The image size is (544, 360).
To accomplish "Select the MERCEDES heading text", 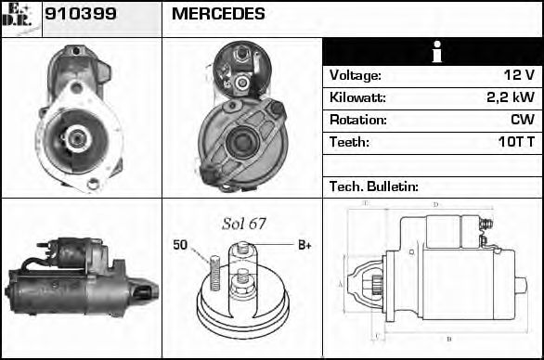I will pos(218,14).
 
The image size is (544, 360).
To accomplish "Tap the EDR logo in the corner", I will pos(20,17).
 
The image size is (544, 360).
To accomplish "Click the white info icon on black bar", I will pos(434,53).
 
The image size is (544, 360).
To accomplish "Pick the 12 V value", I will pos(518,75).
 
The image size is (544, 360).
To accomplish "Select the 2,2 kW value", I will pos(511,97).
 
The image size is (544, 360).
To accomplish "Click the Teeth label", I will pos(349,142).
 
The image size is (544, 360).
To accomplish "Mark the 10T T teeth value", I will pos(513,142).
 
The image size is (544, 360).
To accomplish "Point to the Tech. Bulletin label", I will pos(374,186).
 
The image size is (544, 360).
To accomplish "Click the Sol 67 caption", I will pos(243,224).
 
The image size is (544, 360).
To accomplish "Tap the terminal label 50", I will pos(180,245).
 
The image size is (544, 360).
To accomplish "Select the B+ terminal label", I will pos(303,245).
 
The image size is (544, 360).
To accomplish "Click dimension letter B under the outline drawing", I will pos(449,339).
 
